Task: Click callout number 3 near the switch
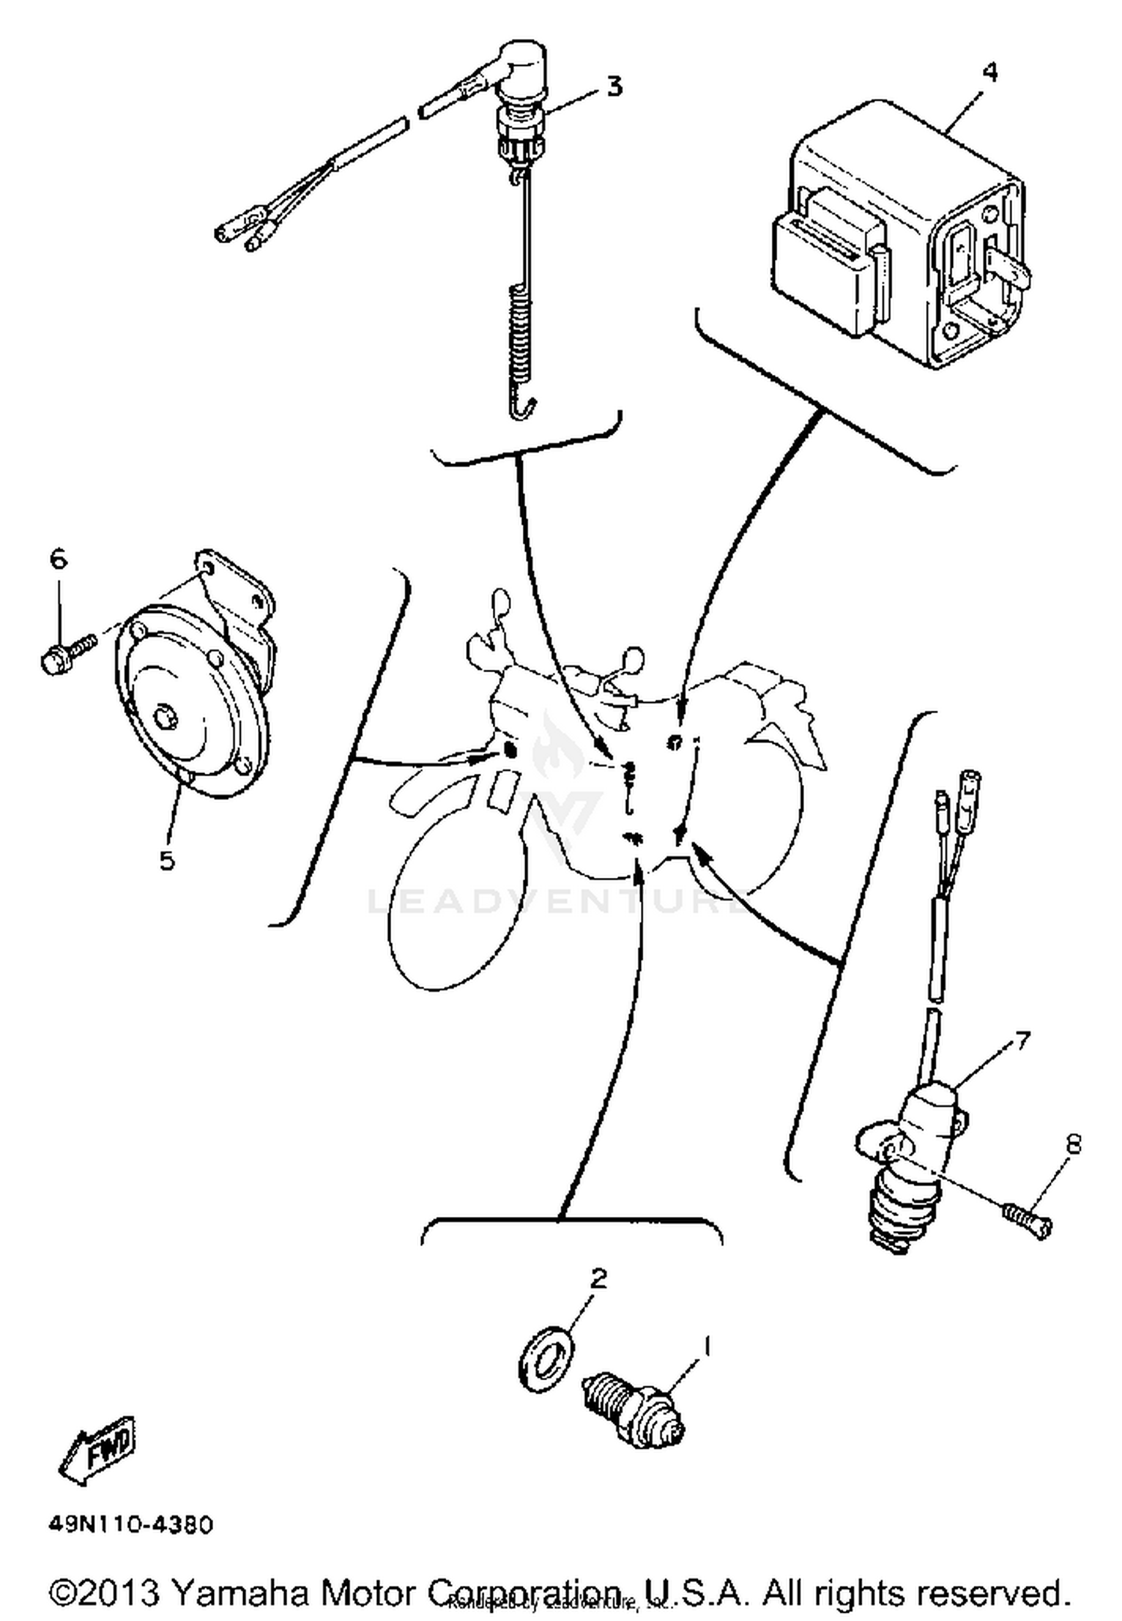click(x=613, y=87)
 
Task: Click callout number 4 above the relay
click(x=989, y=73)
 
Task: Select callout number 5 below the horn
click(x=166, y=860)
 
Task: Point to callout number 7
click(x=1021, y=1041)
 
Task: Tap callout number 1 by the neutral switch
click(x=705, y=1346)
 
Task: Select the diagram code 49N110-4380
click(x=131, y=1524)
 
